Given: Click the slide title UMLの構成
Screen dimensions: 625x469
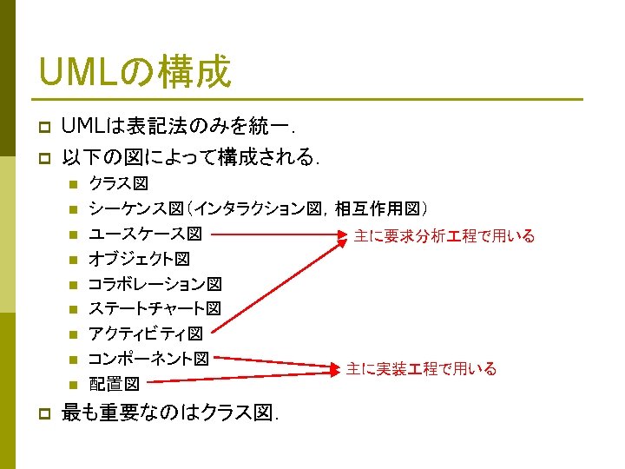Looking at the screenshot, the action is point(135,70).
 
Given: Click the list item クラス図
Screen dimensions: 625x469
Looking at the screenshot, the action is point(119,184).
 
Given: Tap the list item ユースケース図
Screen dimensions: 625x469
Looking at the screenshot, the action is point(146,234).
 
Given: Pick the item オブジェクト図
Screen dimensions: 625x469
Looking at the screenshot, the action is point(139,259).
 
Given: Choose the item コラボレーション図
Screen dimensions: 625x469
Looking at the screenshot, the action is point(155,284).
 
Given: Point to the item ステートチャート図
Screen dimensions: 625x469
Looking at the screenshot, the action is point(155,308).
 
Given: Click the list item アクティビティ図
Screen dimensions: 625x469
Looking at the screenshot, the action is point(146,334).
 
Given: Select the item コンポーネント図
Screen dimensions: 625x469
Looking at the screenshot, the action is point(148,358).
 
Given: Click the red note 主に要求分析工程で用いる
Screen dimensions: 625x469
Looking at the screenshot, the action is point(444,236).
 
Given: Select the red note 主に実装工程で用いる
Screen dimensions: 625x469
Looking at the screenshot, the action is point(421,369).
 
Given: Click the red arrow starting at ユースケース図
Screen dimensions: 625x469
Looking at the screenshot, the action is point(278,234).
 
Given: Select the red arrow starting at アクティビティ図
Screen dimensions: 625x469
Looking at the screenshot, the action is point(278,283).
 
